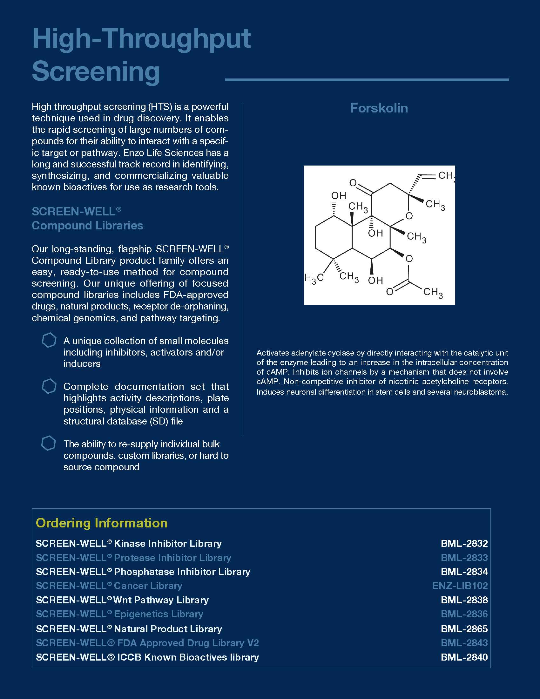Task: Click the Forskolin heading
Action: [379, 108]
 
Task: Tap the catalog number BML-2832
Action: [464, 543]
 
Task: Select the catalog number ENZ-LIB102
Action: [460, 586]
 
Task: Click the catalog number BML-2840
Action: [464, 657]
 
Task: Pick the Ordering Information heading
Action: [102, 523]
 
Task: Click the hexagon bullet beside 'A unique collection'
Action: [49, 340]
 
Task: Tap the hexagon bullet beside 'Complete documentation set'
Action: [49, 386]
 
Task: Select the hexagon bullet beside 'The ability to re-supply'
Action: [49, 443]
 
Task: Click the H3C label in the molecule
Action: [314, 278]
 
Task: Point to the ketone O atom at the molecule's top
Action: [353, 183]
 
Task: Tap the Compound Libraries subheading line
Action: [87, 226]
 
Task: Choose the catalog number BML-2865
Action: [464, 629]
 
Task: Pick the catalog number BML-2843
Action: [464, 643]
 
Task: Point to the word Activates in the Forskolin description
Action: [273, 353]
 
